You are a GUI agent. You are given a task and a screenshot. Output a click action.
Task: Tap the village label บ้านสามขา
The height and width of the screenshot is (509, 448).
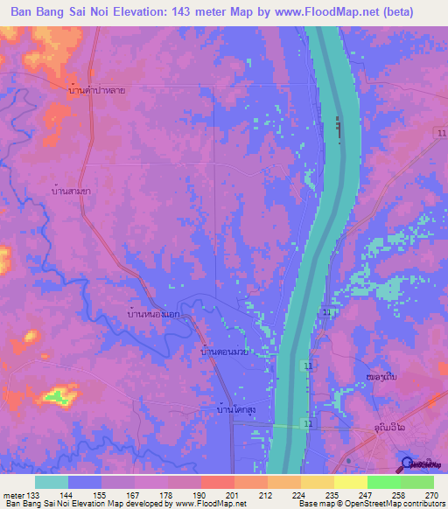pos(71,190)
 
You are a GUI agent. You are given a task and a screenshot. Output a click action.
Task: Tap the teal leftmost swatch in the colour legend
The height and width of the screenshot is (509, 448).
pos(52,482)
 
